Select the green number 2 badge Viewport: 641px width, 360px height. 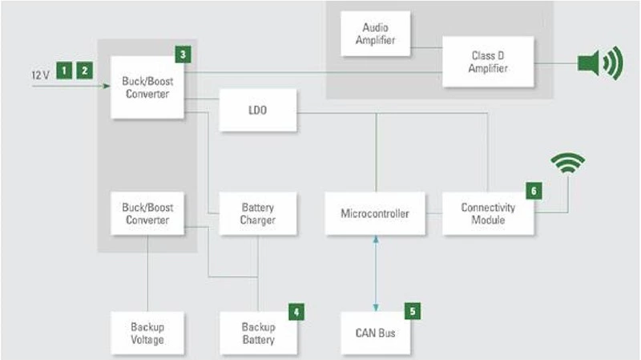click(x=84, y=69)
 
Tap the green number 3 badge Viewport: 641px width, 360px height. click(x=184, y=55)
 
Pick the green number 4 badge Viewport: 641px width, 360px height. click(x=296, y=311)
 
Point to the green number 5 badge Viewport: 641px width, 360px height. click(x=413, y=310)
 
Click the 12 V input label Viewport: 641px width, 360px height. click(x=40, y=74)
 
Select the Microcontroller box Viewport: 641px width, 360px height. click(x=374, y=212)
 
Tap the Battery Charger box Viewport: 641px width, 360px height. click(x=257, y=213)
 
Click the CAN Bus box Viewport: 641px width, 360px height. click(x=374, y=332)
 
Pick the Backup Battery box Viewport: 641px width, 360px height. click(x=257, y=333)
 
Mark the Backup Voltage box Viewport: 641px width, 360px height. click(x=147, y=333)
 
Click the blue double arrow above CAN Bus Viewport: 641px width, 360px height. click(x=375, y=272)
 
